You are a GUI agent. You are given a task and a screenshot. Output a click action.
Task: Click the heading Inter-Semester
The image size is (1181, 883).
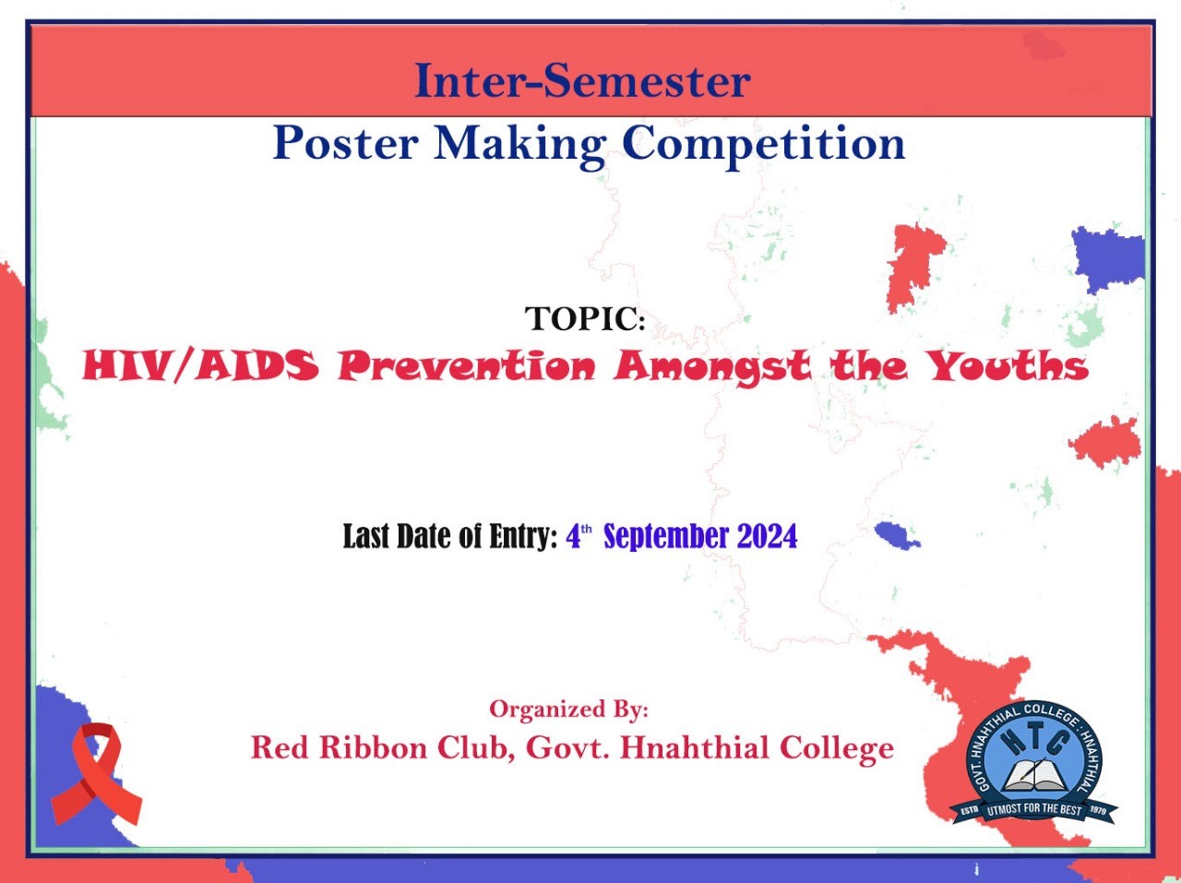tap(583, 80)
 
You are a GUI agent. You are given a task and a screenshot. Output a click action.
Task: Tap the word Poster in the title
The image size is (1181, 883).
tap(345, 143)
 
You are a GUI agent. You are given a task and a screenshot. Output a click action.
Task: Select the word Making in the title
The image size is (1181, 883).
tap(519, 145)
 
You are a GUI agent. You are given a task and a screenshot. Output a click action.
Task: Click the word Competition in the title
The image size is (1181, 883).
tap(763, 145)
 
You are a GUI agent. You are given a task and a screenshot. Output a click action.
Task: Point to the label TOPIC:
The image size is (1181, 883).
tap(585, 318)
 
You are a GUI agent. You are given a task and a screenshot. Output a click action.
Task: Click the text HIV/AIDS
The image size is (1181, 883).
tap(200, 366)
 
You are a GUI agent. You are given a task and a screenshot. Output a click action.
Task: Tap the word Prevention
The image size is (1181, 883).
tap(467, 366)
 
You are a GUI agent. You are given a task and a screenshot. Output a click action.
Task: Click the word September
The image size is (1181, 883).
tap(666, 536)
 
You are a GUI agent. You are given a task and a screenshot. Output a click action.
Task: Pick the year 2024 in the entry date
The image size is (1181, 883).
tap(767, 536)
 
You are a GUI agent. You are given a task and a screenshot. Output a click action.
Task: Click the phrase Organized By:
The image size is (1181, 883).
tap(568, 710)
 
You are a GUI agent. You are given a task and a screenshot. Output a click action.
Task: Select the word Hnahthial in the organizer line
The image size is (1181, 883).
tap(695, 748)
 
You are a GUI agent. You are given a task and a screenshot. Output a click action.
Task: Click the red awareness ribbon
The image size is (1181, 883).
tap(97, 774)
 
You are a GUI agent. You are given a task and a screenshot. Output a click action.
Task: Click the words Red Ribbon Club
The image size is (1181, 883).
tap(381, 748)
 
